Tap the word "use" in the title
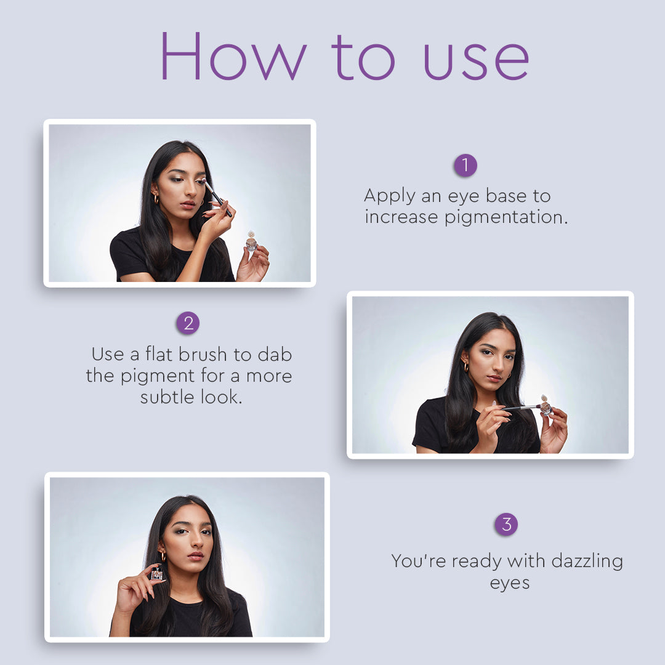tap(477, 61)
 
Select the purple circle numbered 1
tap(465, 165)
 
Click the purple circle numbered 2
tap(188, 323)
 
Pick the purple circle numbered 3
tap(506, 524)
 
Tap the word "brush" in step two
tap(203, 354)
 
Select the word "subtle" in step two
tap(168, 397)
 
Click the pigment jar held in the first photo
tap(251, 242)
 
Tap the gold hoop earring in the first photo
tap(156, 199)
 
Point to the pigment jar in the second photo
tap(546, 406)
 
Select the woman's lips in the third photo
tap(195, 556)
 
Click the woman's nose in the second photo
tap(495, 365)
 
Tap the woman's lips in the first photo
tap(187, 205)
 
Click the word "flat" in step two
tap(159, 354)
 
